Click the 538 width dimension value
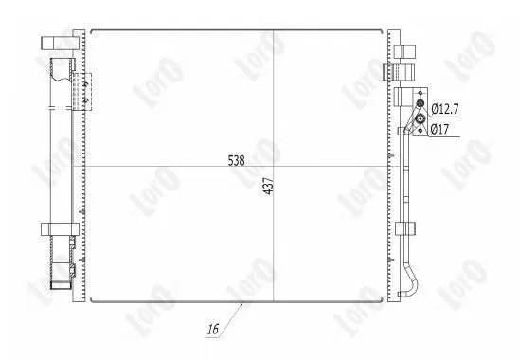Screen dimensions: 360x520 coord(236,160)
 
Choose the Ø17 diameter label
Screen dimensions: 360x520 coord(440,130)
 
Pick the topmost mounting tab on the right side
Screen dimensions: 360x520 coord(403,50)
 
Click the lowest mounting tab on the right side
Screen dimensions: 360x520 coord(403,228)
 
